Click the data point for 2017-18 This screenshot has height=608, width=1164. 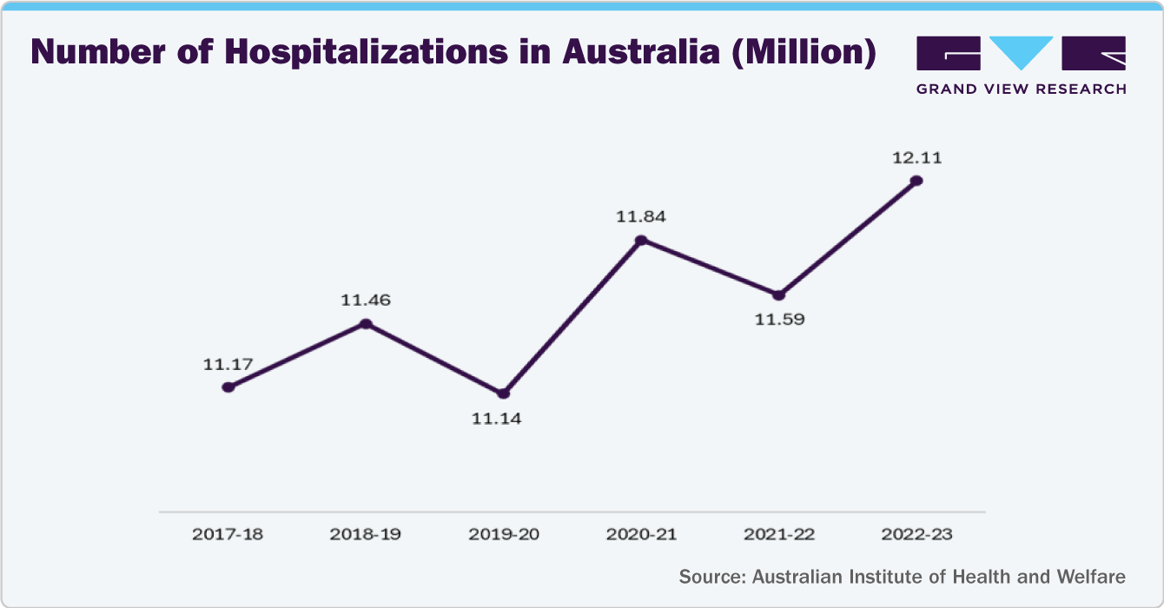pyautogui.click(x=228, y=387)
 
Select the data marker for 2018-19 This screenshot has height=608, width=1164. pyautogui.click(x=366, y=324)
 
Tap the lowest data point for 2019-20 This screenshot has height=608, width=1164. pyautogui.click(x=503, y=393)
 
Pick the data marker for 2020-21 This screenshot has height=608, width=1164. pyautogui.click(x=641, y=241)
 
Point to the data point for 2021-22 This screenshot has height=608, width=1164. pyautogui.click(x=778, y=295)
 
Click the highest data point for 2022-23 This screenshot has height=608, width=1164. pyautogui.click(x=916, y=181)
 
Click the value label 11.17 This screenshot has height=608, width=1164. pyautogui.click(x=228, y=365)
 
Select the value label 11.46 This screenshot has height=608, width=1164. pyautogui.click(x=366, y=301)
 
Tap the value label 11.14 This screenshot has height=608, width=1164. pyautogui.click(x=503, y=419)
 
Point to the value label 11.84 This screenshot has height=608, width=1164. pyautogui.click(x=641, y=217)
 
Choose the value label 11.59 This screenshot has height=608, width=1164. pyautogui.click(x=779, y=320)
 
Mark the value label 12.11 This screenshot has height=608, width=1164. pyautogui.click(x=916, y=158)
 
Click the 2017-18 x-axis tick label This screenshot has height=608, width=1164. pyautogui.click(x=228, y=534)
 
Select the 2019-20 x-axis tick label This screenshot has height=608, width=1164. pyautogui.click(x=503, y=534)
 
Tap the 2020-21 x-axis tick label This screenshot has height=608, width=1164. pyautogui.click(x=641, y=534)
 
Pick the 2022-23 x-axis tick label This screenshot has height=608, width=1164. pyautogui.click(x=916, y=534)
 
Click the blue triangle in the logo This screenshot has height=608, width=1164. pyautogui.click(x=1021, y=51)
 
